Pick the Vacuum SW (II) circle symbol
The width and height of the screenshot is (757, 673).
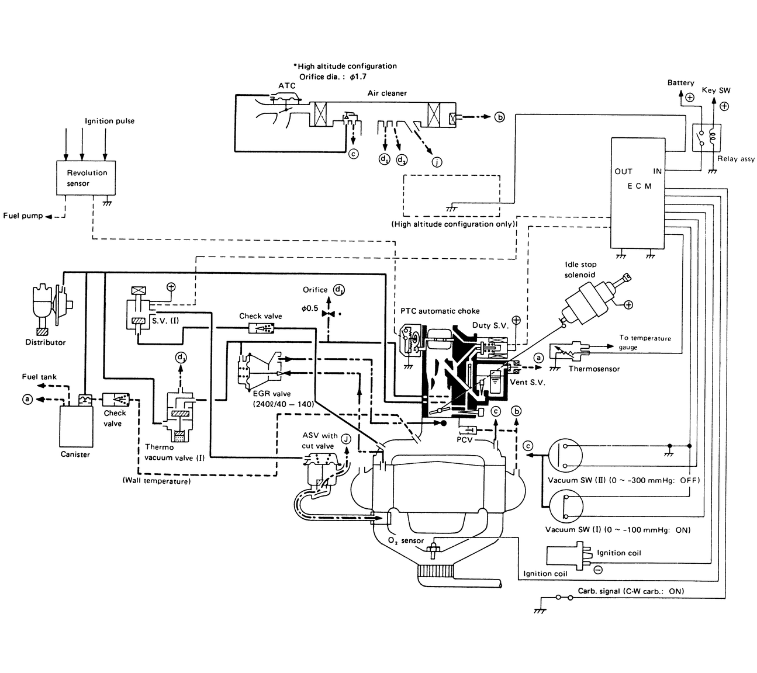pos(565,455)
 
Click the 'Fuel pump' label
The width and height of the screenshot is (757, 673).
pos(23,216)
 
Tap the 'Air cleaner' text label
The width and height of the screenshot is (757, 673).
pos(387,93)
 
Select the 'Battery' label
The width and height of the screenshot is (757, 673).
pos(680,83)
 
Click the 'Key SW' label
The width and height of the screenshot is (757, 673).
pos(715,91)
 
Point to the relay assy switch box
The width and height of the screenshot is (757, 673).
pos(706,138)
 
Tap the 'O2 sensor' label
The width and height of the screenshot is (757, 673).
pos(406,540)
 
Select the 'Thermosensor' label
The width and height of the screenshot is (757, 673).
pos(594,369)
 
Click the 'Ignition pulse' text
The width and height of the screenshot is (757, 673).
pos(109,121)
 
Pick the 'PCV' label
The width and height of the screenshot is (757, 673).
pos(465,439)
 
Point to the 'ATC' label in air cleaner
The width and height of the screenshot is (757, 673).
pos(286,86)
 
